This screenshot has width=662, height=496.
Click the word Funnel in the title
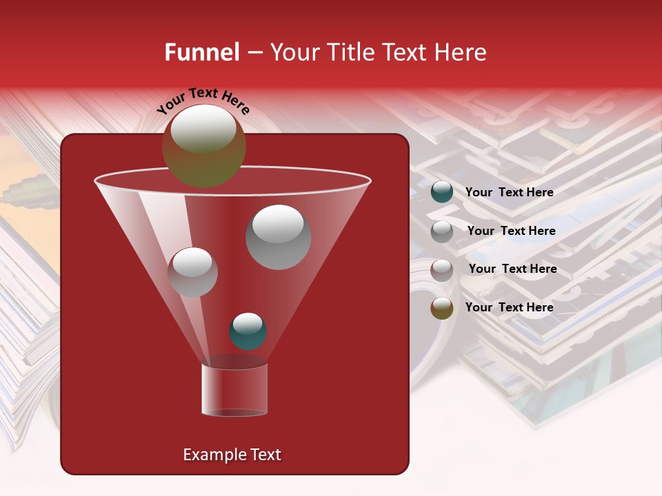(x=201, y=52)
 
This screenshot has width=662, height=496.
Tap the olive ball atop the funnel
(x=203, y=145)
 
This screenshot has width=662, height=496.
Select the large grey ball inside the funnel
(x=278, y=237)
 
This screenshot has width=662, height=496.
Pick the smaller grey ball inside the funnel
(x=192, y=272)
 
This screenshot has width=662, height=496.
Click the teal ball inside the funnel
(x=248, y=331)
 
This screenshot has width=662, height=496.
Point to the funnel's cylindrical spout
(x=234, y=390)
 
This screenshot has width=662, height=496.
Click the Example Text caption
(x=232, y=455)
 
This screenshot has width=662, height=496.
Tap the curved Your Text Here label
(x=203, y=102)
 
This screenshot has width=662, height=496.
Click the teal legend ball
(x=442, y=192)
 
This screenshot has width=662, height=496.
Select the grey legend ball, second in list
(x=442, y=231)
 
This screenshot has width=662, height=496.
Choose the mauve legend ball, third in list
(x=442, y=270)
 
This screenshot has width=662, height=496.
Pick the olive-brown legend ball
(x=442, y=308)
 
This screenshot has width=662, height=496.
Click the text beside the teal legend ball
(x=509, y=192)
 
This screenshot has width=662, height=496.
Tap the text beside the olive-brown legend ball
(x=509, y=307)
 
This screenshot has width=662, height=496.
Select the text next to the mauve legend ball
(x=512, y=269)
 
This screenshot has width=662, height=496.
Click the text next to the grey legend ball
(x=511, y=231)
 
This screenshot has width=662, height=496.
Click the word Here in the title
(x=461, y=52)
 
